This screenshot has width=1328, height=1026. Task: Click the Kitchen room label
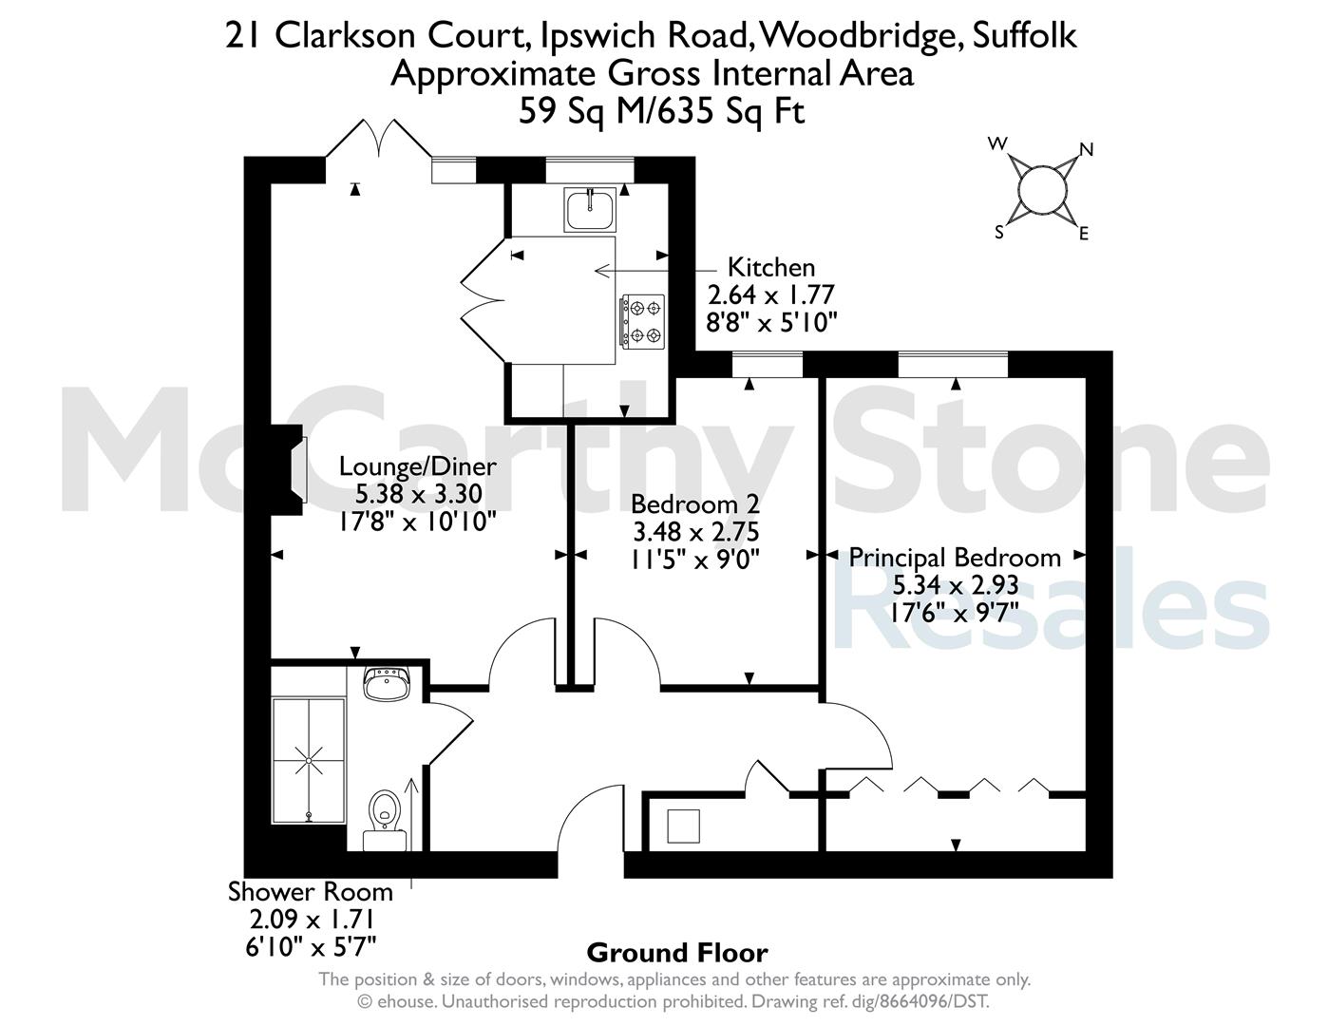pos(770,268)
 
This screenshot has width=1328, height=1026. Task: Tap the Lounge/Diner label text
pos(417,466)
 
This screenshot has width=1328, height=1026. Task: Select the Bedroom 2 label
pos(694,504)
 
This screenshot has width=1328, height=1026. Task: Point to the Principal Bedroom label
pos(955,558)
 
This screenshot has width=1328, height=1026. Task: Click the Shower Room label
pos(311,891)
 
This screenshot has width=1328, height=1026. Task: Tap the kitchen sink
pos(590,210)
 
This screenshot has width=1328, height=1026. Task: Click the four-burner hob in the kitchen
pos(643,322)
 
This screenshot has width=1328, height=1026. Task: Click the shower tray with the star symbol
pos(309,760)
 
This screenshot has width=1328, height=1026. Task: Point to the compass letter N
pos(1087,149)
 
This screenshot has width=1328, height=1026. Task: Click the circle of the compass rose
pos(1043,190)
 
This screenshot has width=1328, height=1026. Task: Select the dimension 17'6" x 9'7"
pos(955,612)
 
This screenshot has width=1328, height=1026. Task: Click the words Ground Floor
pos(677,953)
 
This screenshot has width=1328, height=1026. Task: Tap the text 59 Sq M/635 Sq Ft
pos(661,111)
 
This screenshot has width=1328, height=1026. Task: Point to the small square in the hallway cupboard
pos(683,826)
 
